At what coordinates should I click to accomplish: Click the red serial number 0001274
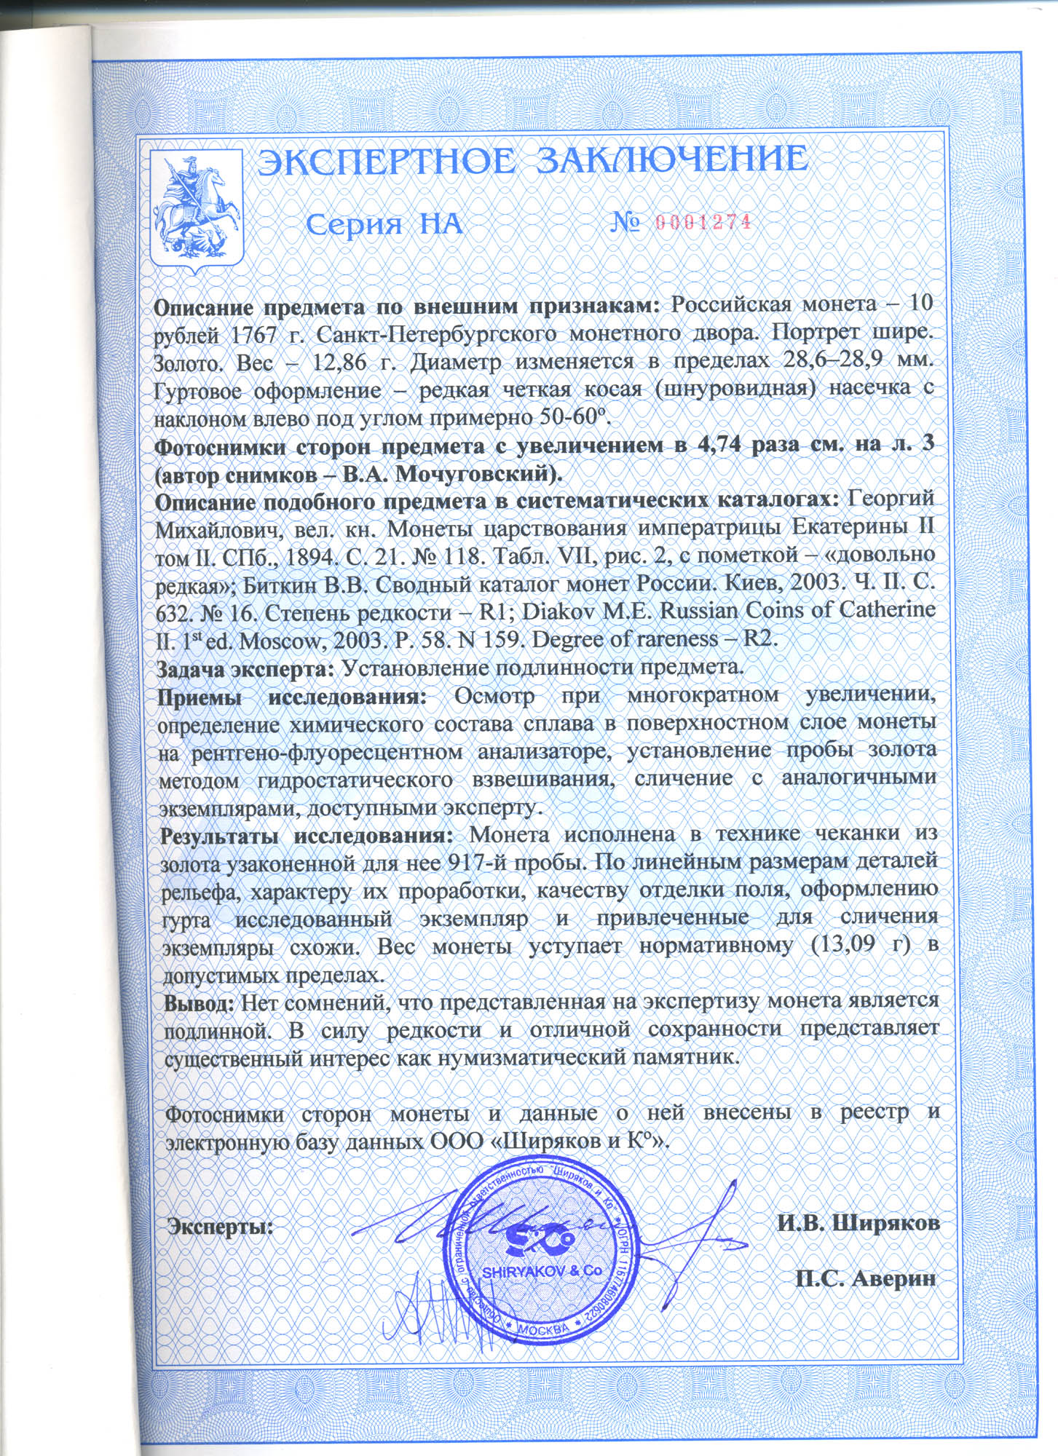[x=703, y=223]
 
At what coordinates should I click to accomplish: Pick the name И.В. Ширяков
[x=858, y=1223]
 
